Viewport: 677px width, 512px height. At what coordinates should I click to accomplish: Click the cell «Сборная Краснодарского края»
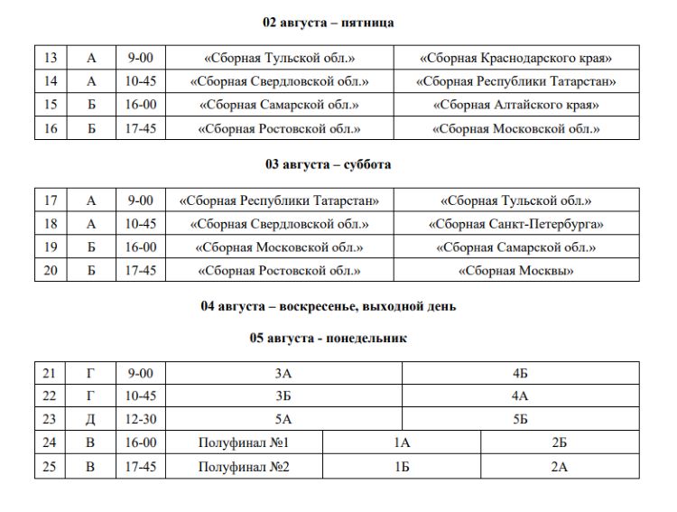(516, 59)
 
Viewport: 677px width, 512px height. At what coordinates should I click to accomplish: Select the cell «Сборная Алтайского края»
(516, 106)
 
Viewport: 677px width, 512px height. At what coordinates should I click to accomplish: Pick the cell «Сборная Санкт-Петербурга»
(516, 224)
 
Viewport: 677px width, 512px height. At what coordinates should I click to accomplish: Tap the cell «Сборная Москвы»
(516, 270)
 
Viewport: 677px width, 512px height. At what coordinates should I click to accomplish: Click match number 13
(51, 59)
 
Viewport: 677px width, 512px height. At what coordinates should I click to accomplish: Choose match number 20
(51, 270)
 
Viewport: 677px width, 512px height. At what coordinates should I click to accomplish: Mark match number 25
(51, 467)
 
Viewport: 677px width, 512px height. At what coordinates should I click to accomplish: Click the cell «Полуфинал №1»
(247, 443)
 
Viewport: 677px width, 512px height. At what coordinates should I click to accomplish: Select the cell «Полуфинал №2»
(247, 467)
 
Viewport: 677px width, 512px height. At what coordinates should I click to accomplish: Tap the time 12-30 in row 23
(141, 420)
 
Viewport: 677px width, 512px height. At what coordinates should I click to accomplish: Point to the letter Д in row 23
(90, 420)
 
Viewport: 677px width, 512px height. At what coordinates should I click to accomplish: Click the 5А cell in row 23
(283, 420)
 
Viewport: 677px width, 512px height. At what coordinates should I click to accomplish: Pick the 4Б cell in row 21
(520, 373)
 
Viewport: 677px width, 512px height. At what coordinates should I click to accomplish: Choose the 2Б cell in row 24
(560, 443)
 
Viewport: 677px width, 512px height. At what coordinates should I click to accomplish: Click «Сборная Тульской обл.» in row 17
(516, 200)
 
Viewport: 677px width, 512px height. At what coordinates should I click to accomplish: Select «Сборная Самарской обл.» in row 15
(279, 106)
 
